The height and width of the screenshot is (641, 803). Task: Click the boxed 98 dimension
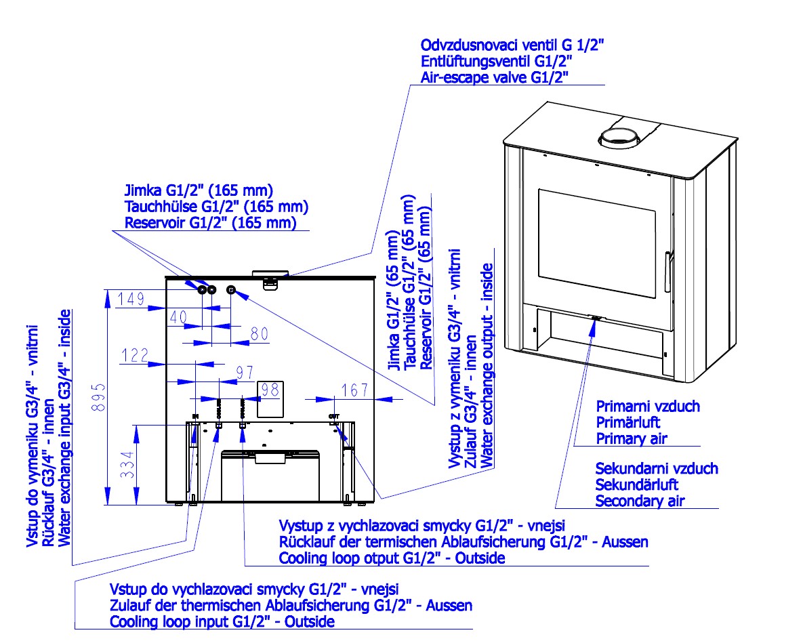[x=270, y=389]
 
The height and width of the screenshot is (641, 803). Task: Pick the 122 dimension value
[x=136, y=354]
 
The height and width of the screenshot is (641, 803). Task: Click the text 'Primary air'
[x=632, y=438]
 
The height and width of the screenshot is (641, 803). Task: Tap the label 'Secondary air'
[x=640, y=501]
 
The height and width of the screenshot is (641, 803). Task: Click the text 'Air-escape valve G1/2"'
[x=494, y=77]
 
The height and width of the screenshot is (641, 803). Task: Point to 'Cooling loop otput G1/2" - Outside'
[x=392, y=558]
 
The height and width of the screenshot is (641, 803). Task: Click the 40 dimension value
[x=178, y=316]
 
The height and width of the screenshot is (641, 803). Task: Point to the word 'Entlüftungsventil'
[x=464, y=61]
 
